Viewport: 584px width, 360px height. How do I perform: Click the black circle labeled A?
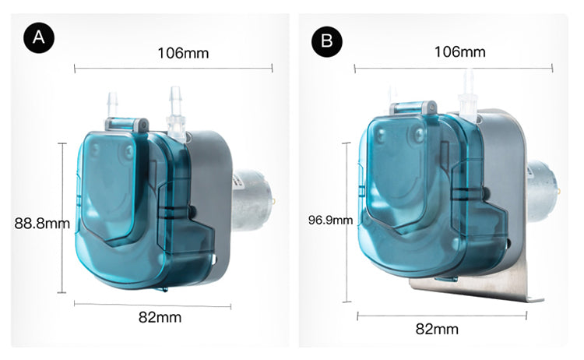coord(39,37)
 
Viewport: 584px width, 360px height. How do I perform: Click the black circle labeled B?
coord(326,41)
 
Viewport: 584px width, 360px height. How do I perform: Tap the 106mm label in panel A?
coord(183,53)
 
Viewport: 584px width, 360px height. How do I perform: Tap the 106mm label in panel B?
coord(460,51)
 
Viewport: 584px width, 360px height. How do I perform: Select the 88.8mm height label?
coord(42,223)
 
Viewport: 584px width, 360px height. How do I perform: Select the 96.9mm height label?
coord(330,220)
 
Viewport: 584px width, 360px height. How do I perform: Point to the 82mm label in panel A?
coord(160,317)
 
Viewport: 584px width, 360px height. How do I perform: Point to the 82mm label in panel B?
coord(437,329)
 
